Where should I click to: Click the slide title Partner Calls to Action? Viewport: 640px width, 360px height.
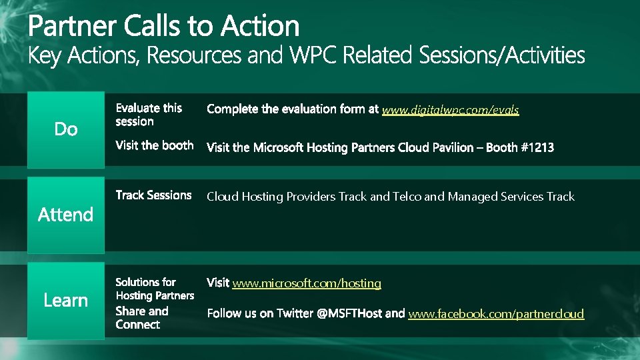pyautogui.click(x=163, y=26)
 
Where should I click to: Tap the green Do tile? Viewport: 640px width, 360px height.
pyautogui.click(x=66, y=129)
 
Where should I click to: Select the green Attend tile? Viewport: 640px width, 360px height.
pyautogui.click(x=66, y=215)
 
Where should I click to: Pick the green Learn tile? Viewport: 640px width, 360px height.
pyautogui.click(x=66, y=301)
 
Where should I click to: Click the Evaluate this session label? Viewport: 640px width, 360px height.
pyautogui.click(x=149, y=115)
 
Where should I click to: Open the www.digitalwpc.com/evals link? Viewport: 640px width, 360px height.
pyautogui.click(x=450, y=109)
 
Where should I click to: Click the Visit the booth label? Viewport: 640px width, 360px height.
pyautogui.click(x=154, y=145)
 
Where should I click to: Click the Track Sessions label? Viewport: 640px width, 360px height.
pyautogui.click(x=153, y=195)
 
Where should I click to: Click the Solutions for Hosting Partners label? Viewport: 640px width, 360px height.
pyautogui.click(x=155, y=289)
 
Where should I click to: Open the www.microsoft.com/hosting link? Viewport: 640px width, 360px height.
pyautogui.click(x=307, y=283)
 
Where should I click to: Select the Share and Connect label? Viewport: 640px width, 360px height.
pyautogui.click(x=142, y=318)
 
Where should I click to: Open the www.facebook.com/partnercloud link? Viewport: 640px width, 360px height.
pyautogui.click(x=496, y=314)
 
